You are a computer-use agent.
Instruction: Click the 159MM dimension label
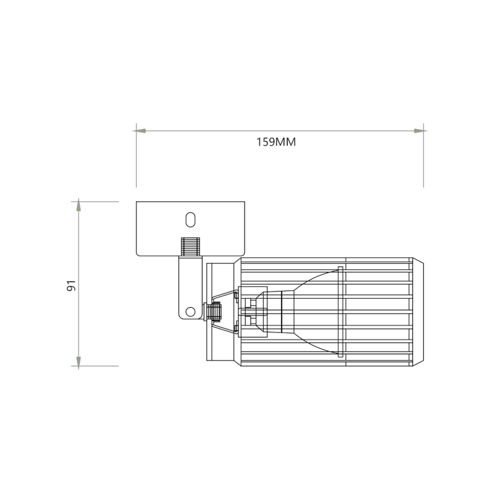click(276, 142)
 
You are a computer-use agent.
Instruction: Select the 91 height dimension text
click(71, 285)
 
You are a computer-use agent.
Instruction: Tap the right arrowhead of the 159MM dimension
click(419, 131)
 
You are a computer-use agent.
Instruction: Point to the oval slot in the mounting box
click(191, 219)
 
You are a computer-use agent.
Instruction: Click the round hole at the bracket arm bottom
click(190, 311)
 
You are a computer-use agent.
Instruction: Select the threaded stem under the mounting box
click(190, 247)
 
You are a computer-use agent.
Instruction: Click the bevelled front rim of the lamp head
click(418, 313)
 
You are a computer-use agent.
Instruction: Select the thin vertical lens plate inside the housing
click(340, 312)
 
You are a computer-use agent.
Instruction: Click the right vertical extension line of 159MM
click(424, 167)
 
